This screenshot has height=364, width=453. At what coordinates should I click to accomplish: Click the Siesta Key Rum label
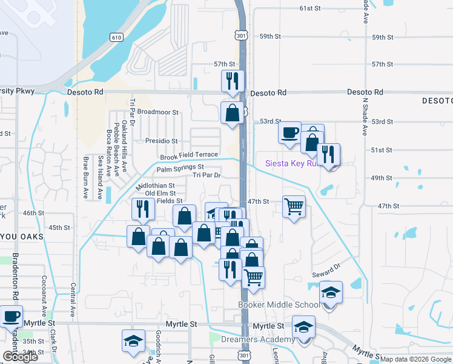pos(292,163)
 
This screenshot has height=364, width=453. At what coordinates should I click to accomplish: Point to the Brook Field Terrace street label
pos(188,156)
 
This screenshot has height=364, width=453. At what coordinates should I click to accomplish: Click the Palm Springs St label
pos(180,167)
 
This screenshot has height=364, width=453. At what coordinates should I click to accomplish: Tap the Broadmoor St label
pos(157,112)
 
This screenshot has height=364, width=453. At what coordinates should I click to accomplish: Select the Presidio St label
pos(161,141)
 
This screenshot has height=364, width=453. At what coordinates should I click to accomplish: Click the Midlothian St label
pos(156,186)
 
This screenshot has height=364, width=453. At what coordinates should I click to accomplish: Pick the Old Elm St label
pos(156,193)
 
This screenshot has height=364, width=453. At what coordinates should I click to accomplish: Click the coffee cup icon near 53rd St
pos(290,132)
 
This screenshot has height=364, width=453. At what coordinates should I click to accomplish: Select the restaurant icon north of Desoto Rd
pos(233,81)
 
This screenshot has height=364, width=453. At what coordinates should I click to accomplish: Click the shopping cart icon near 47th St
pos(294,207)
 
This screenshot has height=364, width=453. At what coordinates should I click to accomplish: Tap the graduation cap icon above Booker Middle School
pos(331,292)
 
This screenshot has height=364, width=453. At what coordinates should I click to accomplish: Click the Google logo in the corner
pos(21,357)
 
